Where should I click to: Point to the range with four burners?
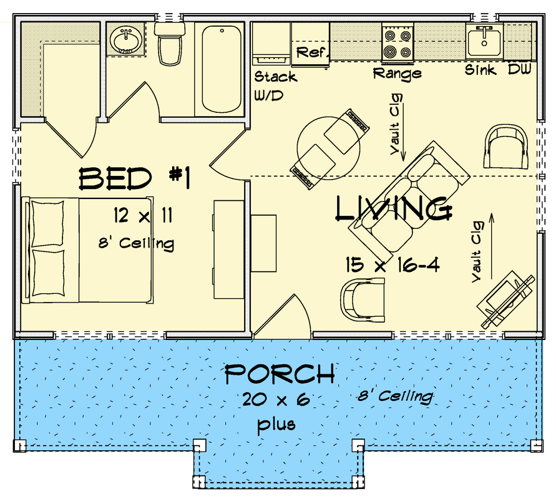(x=397, y=44)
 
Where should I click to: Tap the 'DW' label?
(x=519, y=70)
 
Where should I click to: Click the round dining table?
(x=328, y=150)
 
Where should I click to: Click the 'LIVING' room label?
(x=393, y=210)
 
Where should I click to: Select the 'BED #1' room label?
(x=134, y=179)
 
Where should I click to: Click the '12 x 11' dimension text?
(x=143, y=216)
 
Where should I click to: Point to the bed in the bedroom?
(x=87, y=249)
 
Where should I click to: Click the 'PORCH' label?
(x=279, y=375)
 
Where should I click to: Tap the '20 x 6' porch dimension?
(x=276, y=400)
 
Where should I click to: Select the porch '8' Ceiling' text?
(x=395, y=395)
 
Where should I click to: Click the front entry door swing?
(x=281, y=318)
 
